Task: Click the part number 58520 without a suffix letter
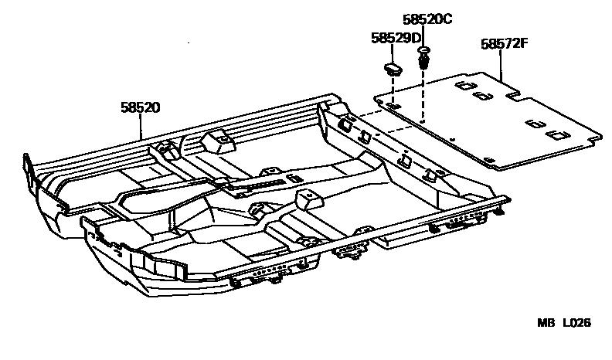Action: click(x=140, y=108)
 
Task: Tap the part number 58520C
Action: click(x=427, y=19)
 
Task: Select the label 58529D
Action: click(x=396, y=37)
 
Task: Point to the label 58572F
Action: click(x=504, y=44)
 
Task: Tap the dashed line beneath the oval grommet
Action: click(x=393, y=89)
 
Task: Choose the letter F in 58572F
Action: click(x=524, y=44)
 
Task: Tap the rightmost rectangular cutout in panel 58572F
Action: click(x=553, y=134)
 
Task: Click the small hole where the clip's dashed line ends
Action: click(x=423, y=121)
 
